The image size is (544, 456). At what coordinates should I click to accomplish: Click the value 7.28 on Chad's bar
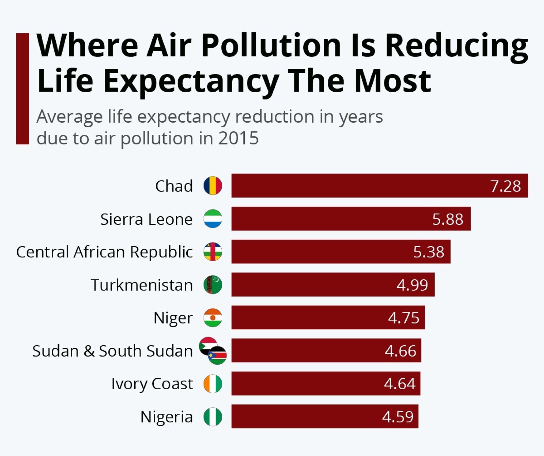click(505, 186)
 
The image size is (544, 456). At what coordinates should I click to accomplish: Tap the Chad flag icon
click(213, 186)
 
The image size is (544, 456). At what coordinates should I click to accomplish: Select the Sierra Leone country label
click(146, 219)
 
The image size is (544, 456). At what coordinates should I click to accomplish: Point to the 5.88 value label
click(447, 219)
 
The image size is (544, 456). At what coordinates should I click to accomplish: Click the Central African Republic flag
click(213, 252)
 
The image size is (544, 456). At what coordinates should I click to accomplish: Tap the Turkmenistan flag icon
click(213, 285)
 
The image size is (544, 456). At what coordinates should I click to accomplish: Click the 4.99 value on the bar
click(412, 285)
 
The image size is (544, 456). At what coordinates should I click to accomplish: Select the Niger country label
click(173, 318)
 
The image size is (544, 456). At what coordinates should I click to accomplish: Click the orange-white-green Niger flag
click(213, 318)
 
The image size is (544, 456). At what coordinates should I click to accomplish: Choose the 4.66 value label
click(400, 351)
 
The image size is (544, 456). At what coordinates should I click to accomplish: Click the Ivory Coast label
click(152, 384)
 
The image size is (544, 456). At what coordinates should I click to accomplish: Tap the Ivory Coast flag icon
click(213, 384)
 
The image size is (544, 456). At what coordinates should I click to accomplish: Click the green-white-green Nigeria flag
click(213, 416)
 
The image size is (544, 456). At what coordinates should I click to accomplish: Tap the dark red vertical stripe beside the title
click(22, 89)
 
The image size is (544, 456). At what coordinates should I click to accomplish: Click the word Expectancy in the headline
click(191, 81)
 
